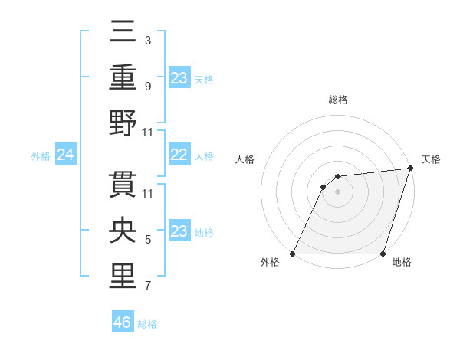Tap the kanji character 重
tap(123, 78)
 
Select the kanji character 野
tap(123, 123)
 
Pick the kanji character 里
tap(123, 275)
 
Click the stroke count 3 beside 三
tap(147, 40)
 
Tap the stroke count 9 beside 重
tap(147, 87)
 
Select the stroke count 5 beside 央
tap(147, 240)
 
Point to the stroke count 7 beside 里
tap(147, 286)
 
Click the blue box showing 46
tap(123, 322)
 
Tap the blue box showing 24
tap(66, 155)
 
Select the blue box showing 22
tap(179, 155)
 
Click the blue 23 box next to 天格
tap(179, 77)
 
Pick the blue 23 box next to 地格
tap(179, 231)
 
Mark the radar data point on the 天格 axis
tap(411, 169)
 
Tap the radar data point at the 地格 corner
tap(383, 254)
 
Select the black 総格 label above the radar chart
tap(337, 100)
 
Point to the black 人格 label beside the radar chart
tap(246, 159)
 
